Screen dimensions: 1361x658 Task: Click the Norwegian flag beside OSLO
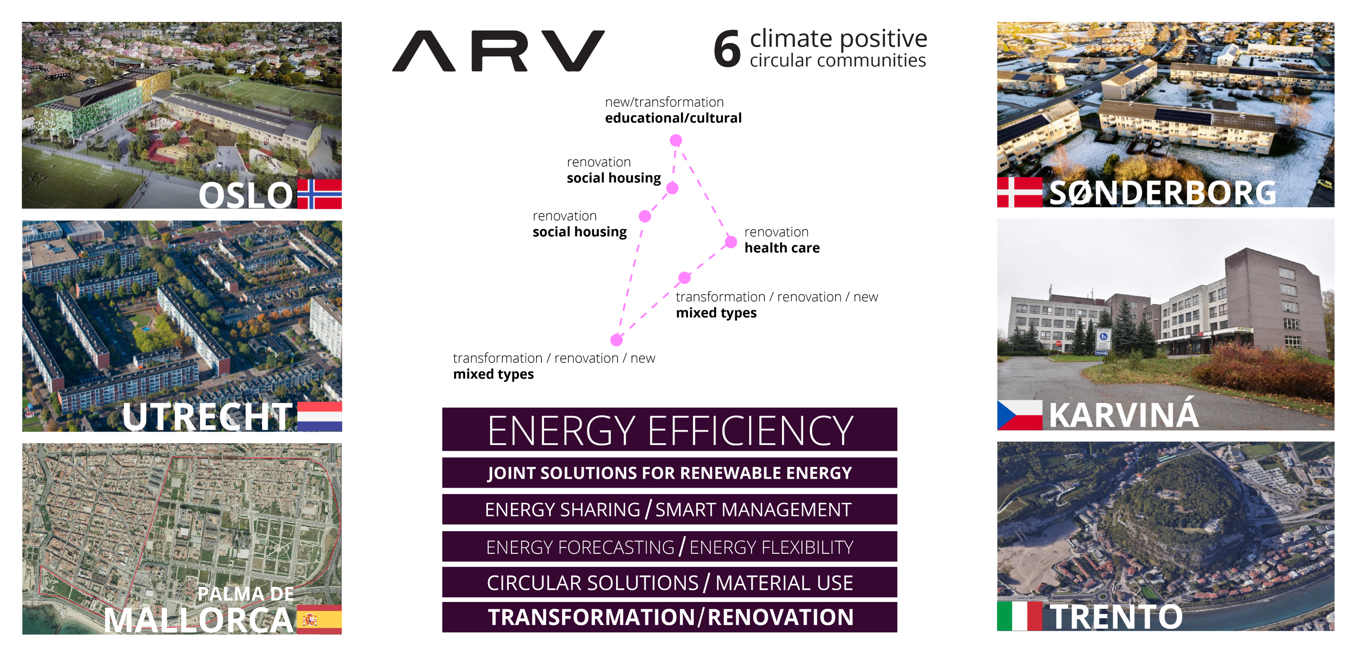coord(319,194)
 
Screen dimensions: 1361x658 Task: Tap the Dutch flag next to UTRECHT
coord(319,417)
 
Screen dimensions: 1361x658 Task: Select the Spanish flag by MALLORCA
coord(319,620)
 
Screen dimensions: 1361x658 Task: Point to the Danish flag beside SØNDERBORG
coord(1019,192)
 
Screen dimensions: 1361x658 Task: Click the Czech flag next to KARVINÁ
coord(1019,415)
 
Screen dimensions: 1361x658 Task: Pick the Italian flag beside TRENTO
coord(1019,616)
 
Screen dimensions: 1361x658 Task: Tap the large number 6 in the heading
coord(727,48)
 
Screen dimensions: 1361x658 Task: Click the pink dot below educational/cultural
coord(676,140)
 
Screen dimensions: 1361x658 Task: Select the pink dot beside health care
coord(731,242)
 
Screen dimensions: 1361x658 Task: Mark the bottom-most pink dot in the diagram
coord(616,340)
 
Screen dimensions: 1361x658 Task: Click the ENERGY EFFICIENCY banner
coord(670,429)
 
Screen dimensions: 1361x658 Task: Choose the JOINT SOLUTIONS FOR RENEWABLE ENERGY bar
coord(670,473)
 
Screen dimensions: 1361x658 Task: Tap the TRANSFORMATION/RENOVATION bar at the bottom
coord(670,617)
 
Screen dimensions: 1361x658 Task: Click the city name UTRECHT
coord(207,417)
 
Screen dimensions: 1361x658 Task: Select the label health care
coord(782,248)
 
